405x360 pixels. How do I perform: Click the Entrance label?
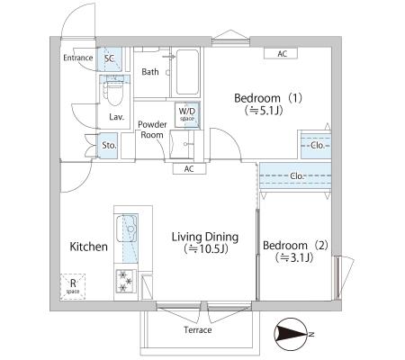point(78,58)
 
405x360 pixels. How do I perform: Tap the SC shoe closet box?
point(109,58)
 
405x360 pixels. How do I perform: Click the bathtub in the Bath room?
point(187,72)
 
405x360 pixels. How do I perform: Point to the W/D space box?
point(187,114)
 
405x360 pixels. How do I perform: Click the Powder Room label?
point(152,130)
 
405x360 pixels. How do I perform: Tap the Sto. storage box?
point(109,146)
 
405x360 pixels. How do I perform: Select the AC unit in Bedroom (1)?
point(281,53)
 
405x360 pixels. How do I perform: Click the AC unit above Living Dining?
point(189,169)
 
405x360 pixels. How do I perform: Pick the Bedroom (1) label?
point(268,98)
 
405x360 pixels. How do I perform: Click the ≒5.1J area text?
point(264,111)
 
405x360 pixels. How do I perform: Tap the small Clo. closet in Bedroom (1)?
point(316,146)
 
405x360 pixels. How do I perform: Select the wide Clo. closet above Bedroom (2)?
point(295,175)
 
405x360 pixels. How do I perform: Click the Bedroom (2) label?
point(295,246)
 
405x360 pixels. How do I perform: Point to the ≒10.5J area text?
point(206,248)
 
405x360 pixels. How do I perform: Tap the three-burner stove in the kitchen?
point(125,282)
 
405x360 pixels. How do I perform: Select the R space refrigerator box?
point(73,286)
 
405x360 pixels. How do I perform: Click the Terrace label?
point(198,330)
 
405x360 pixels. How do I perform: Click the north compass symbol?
point(292,334)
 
